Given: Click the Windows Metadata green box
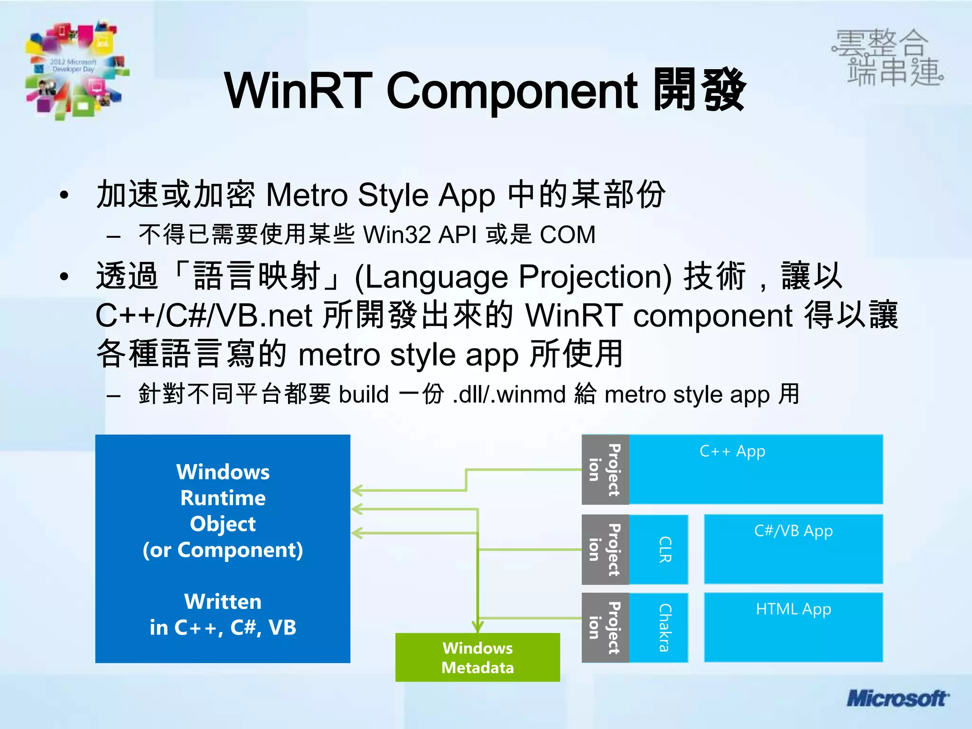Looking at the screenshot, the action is [x=477, y=657].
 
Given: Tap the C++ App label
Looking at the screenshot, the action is [x=732, y=451].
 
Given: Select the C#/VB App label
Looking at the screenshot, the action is [x=793, y=531].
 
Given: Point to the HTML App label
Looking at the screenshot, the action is [x=793, y=609].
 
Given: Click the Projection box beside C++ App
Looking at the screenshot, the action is [x=605, y=469].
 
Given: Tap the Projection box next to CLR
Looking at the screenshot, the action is [x=605, y=550].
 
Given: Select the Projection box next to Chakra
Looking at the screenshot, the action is [x=605, y=627].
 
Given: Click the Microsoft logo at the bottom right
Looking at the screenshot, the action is [x=897, y=699].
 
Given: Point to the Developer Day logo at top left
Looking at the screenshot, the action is [x=76, y=69].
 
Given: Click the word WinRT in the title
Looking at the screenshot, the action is [x=298, y=90].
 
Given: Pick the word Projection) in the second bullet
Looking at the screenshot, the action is [x=595, y=277].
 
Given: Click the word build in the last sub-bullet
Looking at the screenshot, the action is [x=364, y=394].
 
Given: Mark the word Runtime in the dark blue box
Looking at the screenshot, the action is [x=223, y=498].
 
